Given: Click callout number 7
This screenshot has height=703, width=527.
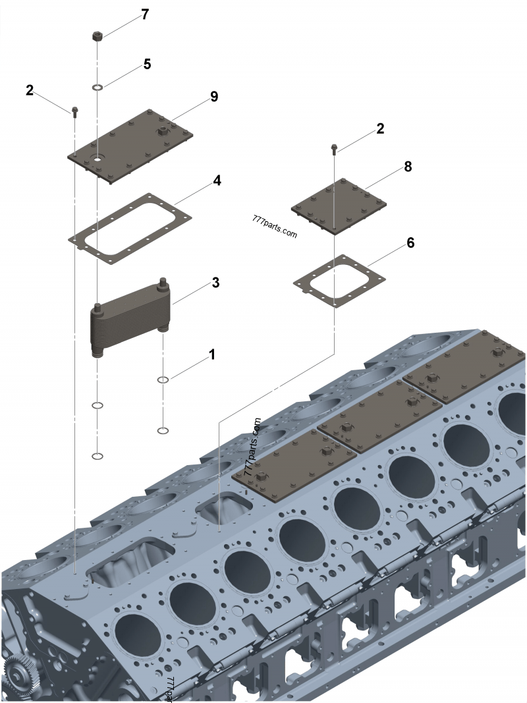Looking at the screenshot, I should click(145, 15).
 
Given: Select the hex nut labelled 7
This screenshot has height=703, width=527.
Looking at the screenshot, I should click(97, 38).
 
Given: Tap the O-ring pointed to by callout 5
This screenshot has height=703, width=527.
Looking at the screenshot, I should click(97, 87).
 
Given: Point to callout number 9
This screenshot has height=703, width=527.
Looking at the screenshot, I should click(214, 96).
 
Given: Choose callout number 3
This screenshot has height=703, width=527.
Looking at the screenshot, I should click(215, 283).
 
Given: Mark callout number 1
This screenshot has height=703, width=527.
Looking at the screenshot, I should click(211, 354).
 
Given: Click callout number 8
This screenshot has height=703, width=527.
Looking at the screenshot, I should click(408, 167).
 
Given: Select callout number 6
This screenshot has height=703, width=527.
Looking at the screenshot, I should click(410, 242).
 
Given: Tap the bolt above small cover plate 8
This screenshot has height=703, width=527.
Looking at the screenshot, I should click(336, 149).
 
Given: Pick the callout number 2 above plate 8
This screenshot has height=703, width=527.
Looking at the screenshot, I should click(380, 128).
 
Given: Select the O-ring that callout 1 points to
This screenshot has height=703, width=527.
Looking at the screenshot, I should click(163, 380).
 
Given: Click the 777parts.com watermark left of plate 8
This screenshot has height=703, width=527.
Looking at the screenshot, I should click(274, 227).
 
